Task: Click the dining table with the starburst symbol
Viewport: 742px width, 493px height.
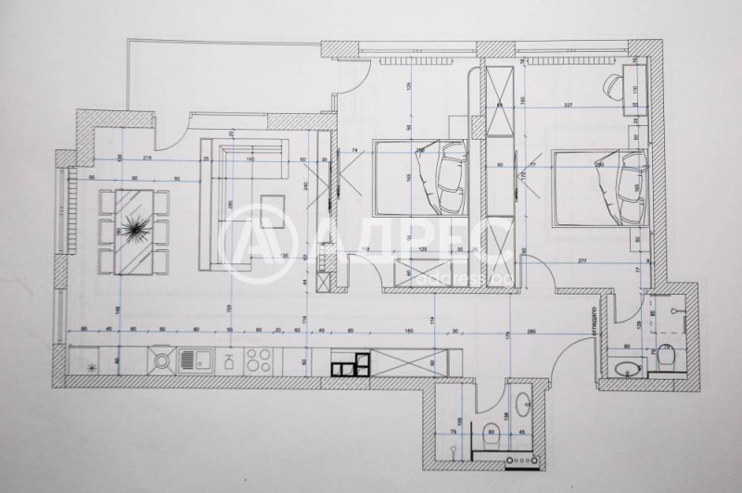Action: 130,231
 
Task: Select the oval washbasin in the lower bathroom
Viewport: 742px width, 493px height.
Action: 522,405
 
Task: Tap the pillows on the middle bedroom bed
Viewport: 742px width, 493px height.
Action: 442,176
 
